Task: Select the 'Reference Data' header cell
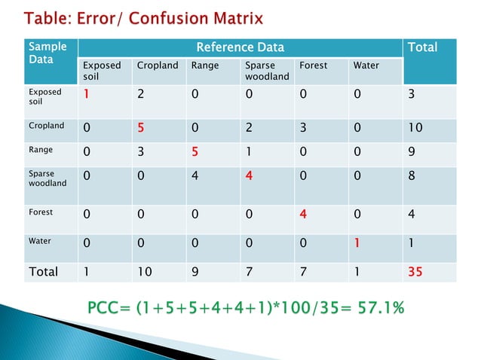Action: pyautogui.click(x=240, y=47)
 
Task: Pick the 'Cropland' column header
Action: pyautogui.click(x=158, y=66)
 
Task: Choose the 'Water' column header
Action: pyautogui.click(x=366, y=66)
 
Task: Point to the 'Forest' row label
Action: pyautogui.click(x=41, y=212)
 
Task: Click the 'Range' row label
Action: pyautogui.click(x=41, y=149)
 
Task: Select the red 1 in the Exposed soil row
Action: pyautogui.click(x=87, y=95)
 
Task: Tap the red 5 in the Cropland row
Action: pyautogui.click(x=141, y=127)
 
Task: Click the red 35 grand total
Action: pyautogui.click(x=415, y=271)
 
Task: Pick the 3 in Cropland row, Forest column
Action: pyautogui.click(x=303, y=127)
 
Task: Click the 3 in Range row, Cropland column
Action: pyautogui.click(x=141, y=150)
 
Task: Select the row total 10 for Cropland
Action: pyautogui.click(x=415, y=127)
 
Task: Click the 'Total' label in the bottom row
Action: pyautogui.click(x=43, y=271)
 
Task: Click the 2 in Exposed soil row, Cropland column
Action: pyautogui.click(x=141, y=95)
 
